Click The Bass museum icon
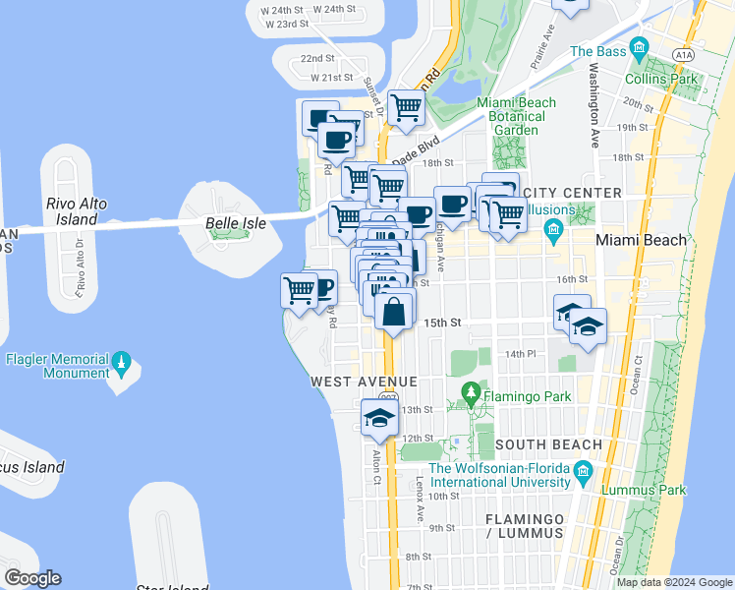[640, 47]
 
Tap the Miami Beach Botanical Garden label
[516, 116]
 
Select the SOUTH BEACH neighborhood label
[548, 444]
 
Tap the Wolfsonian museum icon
[584, 475]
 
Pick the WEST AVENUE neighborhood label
[364, 381]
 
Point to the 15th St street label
[442, 323]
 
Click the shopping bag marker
[393, 312]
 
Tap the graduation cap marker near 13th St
[379, 417]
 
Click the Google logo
[32, 578]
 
